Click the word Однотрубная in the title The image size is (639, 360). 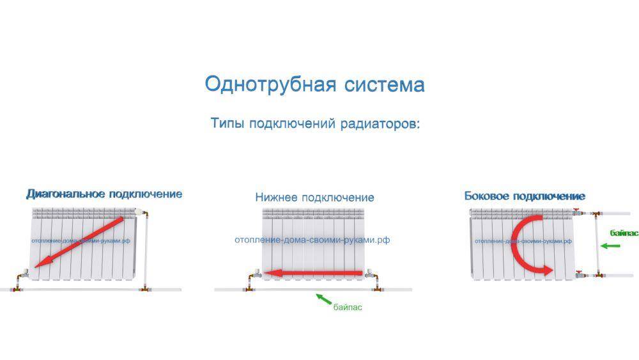(x=270, y=85)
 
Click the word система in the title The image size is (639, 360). (x=384, y=85)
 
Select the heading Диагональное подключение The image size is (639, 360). (x=104, y=194)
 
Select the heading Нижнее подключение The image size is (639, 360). (x=314, y=198)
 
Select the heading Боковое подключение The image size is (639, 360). (x=525, y=196)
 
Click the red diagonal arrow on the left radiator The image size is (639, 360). (x=79, y=242)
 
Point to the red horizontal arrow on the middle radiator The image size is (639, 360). (x=313, y=273)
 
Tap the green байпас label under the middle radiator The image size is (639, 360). (x=348, y=308)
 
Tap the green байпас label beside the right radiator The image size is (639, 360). (x=624, y=233)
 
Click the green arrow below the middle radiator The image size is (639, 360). (x=323, y=299)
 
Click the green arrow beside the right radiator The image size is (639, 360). (x=610, y=246)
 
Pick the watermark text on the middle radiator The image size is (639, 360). (x=312, y=240)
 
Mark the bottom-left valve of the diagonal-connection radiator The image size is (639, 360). (x=23, y=273)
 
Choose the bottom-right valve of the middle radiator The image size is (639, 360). (x=370, y=274)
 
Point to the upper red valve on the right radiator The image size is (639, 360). (x=576, y=212)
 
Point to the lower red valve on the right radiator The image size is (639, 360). (x=579, y=274)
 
